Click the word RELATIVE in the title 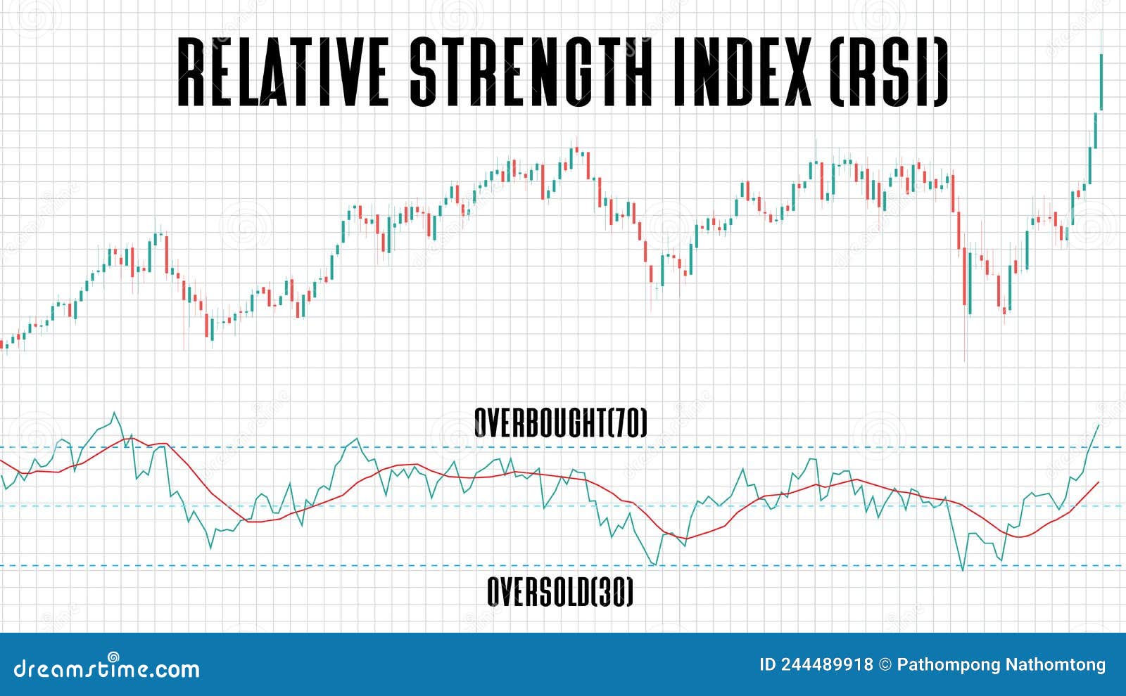coord(281,71)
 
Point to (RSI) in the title coord(889,71)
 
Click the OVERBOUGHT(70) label coord(560,423)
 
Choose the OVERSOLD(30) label coord(560,592)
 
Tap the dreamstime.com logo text coord(107,668)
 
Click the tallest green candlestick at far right coord(1101,81)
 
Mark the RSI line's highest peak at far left coord(115,413)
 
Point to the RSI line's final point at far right coord(1099,425)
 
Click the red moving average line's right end coord(1098,483)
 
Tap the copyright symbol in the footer coord(885,665)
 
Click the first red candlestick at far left coord(2,344)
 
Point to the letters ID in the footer coord(767,665)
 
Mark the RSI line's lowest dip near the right coord(963,569)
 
